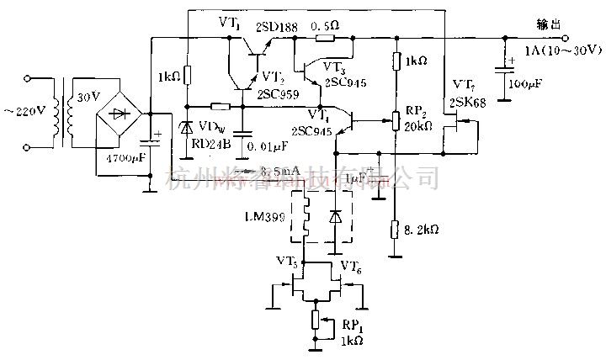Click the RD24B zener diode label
coord(210,142)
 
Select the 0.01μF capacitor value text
coord(269,149)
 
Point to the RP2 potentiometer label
coord(414,109)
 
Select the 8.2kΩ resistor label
coord(421,229)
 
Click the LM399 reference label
coord(263,218)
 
